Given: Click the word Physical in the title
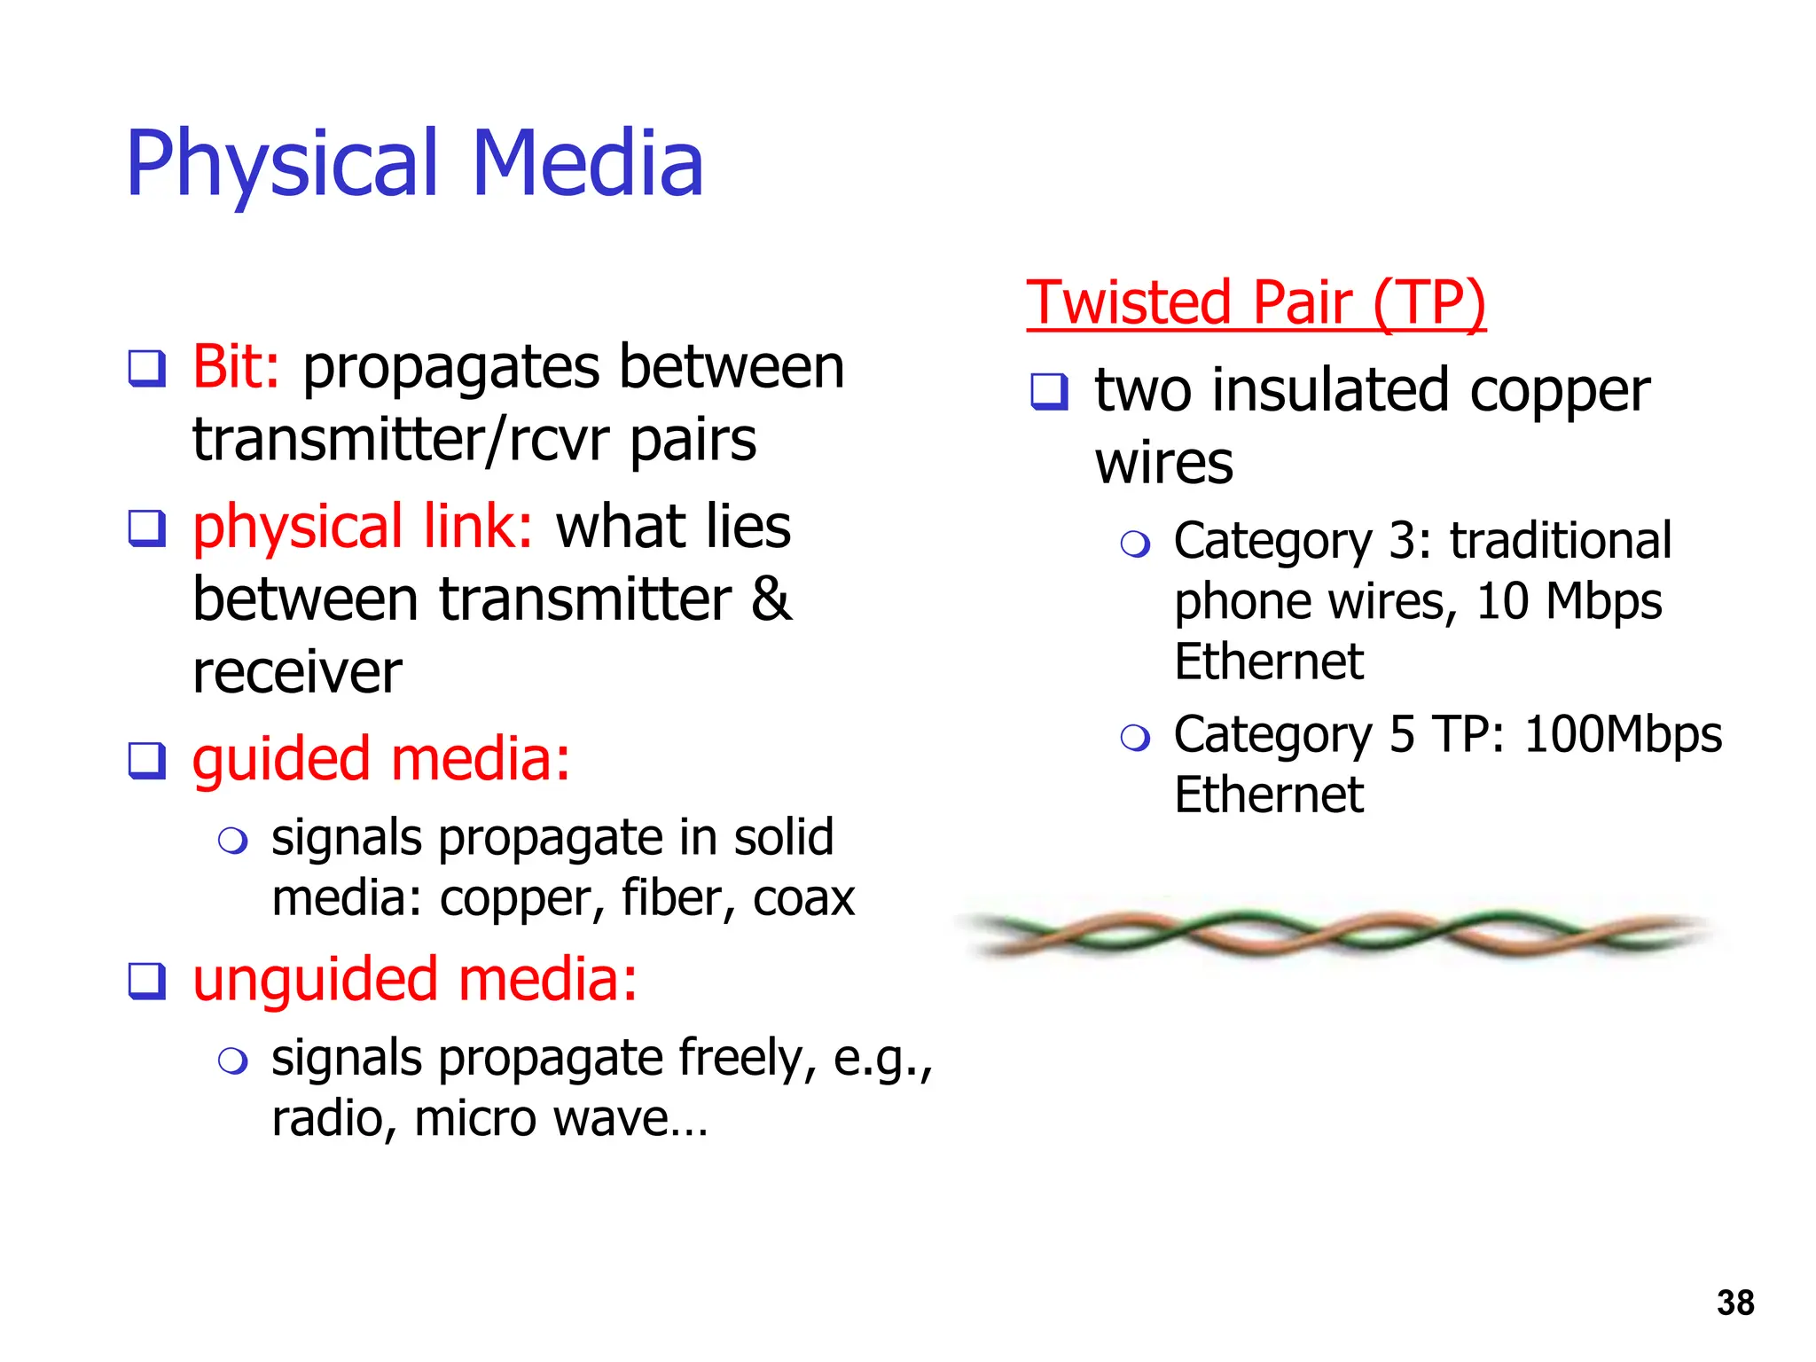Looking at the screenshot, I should point(282,164).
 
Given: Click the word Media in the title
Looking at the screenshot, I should point(588,164).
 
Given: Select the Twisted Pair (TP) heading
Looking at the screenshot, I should point(1256,302).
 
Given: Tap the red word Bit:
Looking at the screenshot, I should point(236,366).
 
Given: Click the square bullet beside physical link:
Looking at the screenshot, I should point(146,528).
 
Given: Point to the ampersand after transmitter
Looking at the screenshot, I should point(771,599).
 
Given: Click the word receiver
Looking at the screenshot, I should point(297,672).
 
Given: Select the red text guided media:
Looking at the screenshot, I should point(381,760).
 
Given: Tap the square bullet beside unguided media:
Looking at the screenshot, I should point(146,981).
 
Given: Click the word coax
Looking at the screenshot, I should point(803,898).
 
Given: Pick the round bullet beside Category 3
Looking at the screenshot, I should point(1134,544).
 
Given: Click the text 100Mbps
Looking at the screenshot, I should point(1623,735).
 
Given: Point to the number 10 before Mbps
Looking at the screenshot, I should point(1502,602).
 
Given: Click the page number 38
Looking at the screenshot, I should point(1734,1303).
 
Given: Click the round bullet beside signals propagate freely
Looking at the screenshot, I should point(232,1060).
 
